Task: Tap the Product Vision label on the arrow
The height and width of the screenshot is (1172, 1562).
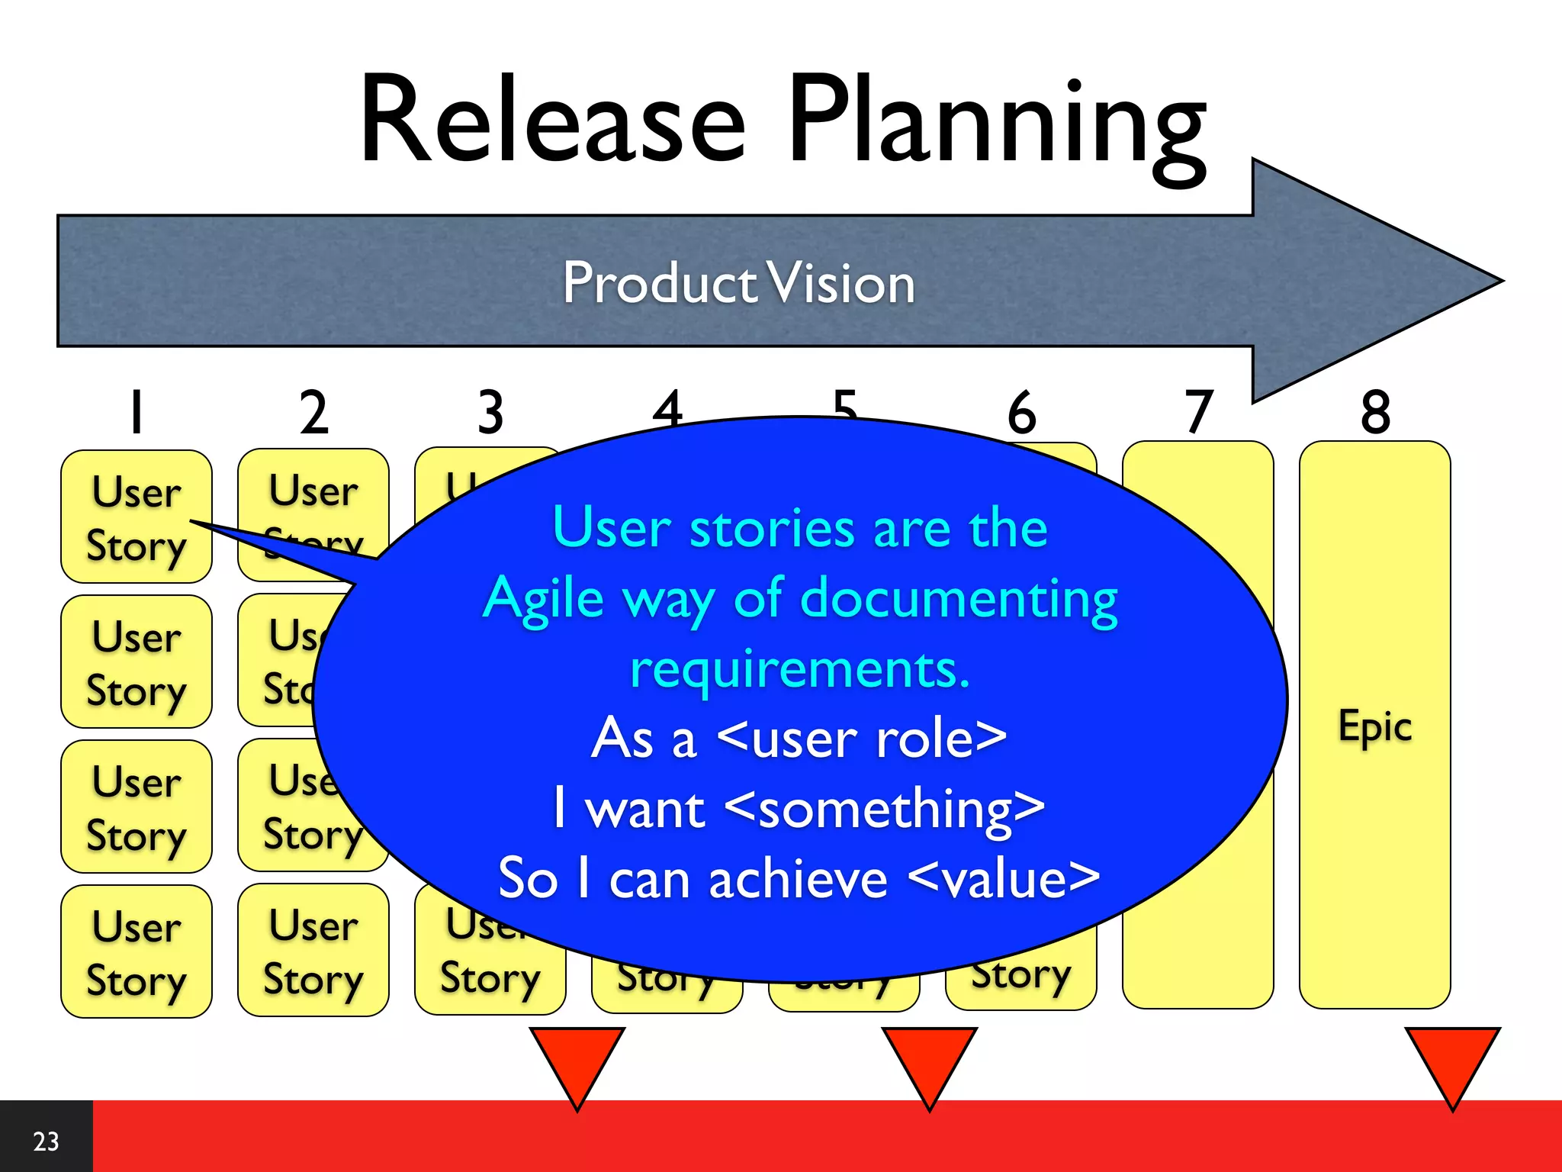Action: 738,282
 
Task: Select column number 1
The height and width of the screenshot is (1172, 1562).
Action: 137,412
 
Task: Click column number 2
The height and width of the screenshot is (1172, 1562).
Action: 313,412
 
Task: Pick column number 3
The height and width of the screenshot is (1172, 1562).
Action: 490,412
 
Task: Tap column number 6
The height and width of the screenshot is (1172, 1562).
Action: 1021,412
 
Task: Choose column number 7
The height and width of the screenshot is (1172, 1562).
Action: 1198,412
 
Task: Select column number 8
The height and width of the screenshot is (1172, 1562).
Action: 1375,412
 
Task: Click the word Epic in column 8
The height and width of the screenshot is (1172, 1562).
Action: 1375,726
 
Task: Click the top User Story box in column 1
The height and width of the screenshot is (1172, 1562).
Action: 137,517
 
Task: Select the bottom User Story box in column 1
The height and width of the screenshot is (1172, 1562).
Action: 137,951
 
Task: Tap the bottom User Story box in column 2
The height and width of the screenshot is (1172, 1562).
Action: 313,951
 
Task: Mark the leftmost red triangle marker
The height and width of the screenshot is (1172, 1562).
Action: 577,1061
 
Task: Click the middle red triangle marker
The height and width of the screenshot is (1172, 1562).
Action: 929,1061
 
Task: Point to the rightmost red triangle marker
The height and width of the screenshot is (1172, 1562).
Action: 1452,1061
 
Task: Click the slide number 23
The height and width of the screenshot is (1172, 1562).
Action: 46,1141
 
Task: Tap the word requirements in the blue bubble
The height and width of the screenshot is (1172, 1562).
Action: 799,669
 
